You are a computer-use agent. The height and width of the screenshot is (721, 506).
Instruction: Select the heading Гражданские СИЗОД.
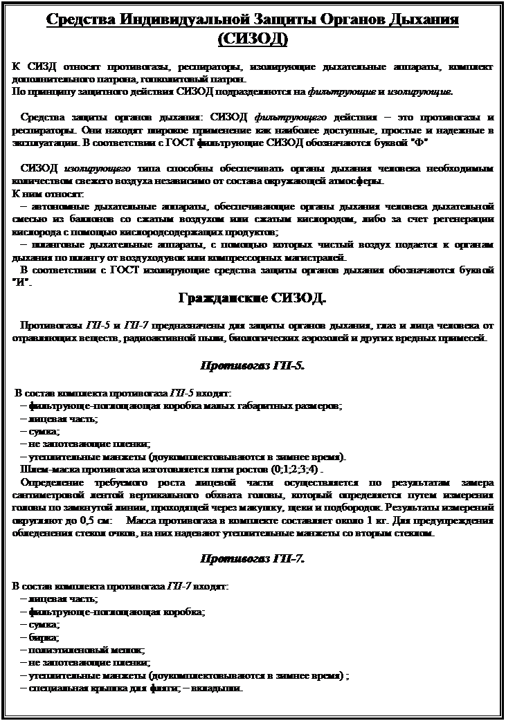pyautogui.click(x=253, y=299)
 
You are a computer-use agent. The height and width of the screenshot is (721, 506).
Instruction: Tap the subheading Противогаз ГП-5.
pyautogui.click(x=253, y=365)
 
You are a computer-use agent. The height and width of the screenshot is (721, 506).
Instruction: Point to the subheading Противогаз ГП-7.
pyautogui.click(x=253, y=558)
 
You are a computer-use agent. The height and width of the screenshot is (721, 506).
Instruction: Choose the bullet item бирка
pyautogui.click(x=44, y=637)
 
